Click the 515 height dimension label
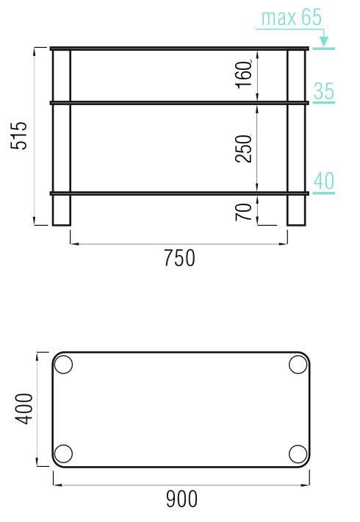pos(18,135)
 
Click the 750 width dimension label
pos(180,258)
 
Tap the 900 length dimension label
pos(181,498)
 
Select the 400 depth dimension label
pos(24,409)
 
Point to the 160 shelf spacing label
pos(243,74)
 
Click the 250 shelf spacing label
pos(243,149)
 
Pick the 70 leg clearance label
pos(243,212)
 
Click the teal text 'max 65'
pos(292,18)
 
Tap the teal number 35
pos(324,91)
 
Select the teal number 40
pos(324,181)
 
